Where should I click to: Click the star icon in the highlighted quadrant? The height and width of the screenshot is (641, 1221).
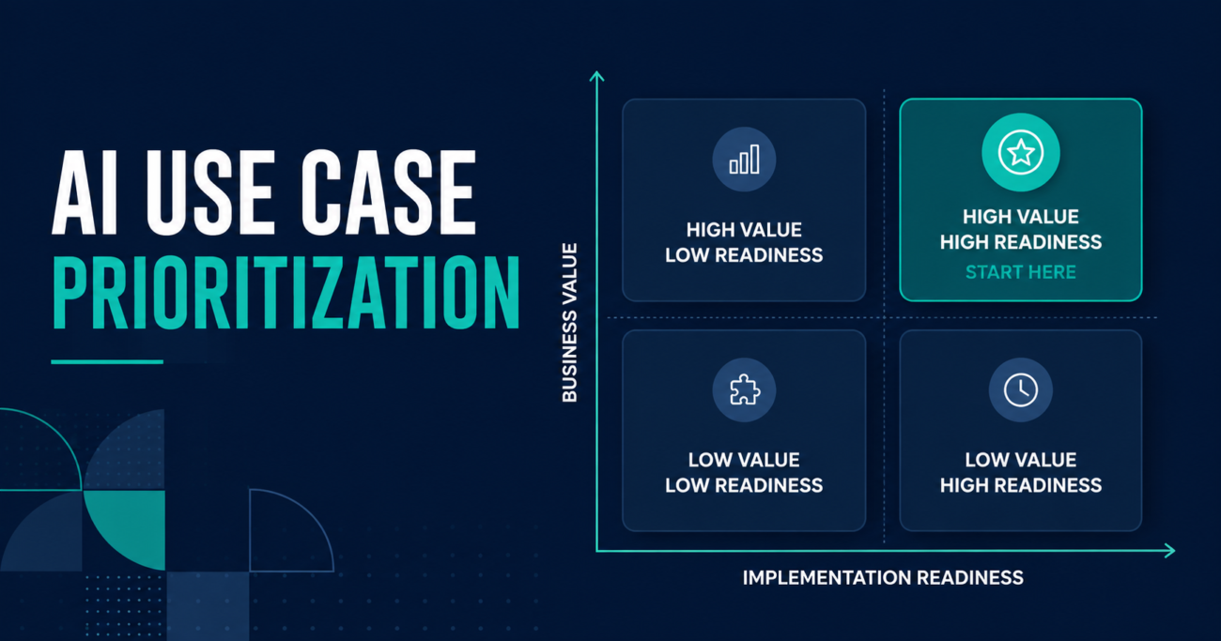click(1020, 152)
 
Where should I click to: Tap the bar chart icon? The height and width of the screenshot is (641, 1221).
click(744, 159)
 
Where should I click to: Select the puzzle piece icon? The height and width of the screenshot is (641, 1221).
click(744, 389)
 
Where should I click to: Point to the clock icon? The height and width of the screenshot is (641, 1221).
click(1020, 389)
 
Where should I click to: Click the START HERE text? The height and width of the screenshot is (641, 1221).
click(1020, 272)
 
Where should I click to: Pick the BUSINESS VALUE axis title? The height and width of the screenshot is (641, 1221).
click(569, 323)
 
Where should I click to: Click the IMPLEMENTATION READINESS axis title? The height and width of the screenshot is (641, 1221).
click(883, 577)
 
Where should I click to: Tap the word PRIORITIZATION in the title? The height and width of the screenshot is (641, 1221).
click(286, 293)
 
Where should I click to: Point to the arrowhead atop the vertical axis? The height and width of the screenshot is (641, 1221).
click(596, 76)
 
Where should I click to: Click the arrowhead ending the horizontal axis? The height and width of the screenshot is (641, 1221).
click(1169, 551)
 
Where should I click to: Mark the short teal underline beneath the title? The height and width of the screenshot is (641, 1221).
click(107, 361)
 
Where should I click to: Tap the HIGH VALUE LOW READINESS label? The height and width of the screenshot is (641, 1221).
click(744, 242)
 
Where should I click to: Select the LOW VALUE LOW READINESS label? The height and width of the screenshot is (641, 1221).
click(744, 472)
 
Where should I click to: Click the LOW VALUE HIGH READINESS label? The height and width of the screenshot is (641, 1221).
click(1020, 472)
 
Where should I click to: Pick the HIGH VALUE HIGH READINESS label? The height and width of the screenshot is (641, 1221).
click(1020, 229)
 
